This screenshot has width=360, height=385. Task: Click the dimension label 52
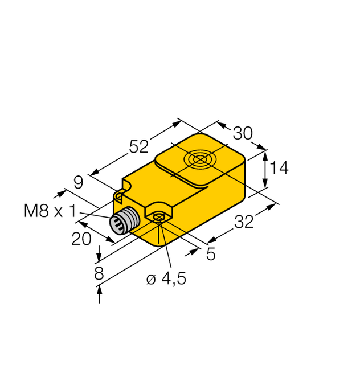pos(139,147)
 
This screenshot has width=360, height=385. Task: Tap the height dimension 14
pos(279,167)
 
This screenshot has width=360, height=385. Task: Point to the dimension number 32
pos(244,222)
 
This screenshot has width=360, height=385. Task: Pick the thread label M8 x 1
pos(50,211)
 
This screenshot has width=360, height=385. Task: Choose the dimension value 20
pos(81,239)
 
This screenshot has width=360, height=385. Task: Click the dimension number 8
pos(99,273)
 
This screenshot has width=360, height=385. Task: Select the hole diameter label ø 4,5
pos(166,279)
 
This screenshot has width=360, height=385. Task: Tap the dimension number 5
pos(211,255)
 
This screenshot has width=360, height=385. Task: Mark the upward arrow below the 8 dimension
pos(100,294)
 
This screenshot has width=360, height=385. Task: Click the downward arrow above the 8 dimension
pos(100,252)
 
